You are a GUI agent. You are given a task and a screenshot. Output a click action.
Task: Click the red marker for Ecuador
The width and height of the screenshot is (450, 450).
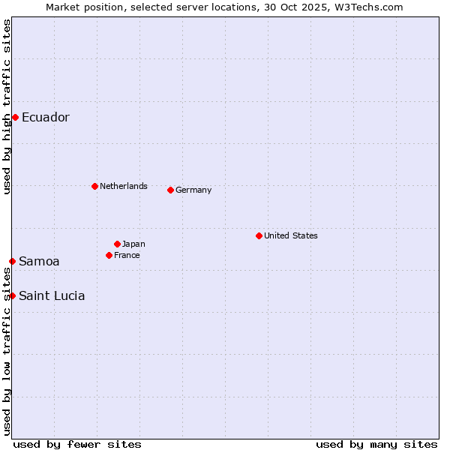15,117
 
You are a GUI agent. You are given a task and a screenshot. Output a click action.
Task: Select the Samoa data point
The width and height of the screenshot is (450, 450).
12,261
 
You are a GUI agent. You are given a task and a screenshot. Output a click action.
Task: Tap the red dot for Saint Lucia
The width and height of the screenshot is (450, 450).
12,295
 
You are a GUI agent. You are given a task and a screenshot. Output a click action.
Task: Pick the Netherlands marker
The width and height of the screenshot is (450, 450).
94,186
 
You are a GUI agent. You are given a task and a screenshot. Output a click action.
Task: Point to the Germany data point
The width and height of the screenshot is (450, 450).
170,190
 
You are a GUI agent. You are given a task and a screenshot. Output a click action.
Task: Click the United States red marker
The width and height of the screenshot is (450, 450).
259,235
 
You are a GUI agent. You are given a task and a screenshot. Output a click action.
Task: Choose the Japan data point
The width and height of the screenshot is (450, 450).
117,244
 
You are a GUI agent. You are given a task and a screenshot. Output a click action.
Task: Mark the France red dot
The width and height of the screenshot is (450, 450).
109,255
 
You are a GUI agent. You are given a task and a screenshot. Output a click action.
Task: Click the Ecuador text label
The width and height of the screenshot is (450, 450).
46,117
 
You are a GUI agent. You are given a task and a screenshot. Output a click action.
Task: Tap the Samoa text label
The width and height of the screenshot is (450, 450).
39,261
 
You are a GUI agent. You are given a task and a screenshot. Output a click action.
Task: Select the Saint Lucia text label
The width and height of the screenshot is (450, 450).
52,295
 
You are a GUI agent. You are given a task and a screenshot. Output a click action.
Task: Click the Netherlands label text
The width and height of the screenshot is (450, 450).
124,186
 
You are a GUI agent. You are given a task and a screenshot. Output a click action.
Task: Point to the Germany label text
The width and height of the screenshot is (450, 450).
193,190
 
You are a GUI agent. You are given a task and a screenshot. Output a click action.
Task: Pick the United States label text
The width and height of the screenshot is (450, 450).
291,235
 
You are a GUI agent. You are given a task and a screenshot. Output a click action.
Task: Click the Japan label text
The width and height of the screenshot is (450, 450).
133,244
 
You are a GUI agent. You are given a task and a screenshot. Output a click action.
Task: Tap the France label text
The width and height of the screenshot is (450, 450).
127,255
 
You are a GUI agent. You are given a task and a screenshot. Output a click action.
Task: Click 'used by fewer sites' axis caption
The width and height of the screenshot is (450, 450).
77,444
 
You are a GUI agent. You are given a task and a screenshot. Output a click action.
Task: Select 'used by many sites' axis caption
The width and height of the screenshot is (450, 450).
376,444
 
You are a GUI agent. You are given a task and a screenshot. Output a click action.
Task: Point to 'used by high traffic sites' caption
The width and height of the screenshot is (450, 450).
7,106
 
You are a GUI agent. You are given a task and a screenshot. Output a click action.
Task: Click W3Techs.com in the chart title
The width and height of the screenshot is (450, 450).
369,7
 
